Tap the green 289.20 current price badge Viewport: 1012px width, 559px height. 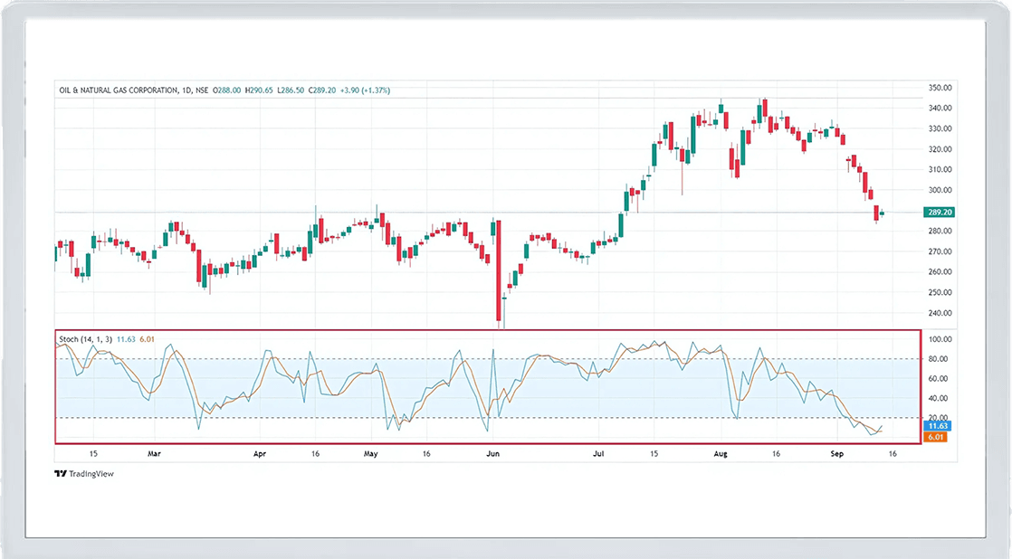(x=940, y=212)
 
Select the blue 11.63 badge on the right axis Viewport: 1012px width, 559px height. (x=937, y=425)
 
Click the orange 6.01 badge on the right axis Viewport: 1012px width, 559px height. (x=937, y=437)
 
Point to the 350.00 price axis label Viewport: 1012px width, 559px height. (x=940, y=88)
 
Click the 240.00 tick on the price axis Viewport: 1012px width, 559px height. (x=940, y=313)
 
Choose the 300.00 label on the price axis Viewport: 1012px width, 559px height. (x=940, y=190)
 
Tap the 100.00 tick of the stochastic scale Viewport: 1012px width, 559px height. (x=940, y=339)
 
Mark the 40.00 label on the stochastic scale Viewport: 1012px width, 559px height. (x=940, y=398)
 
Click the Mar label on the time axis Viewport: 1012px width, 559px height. (x=154, y=454)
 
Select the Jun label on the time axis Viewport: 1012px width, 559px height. (x=492, y=454)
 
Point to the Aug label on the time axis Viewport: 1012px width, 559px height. (x=721, y=454)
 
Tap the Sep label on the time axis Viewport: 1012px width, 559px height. (x=836, y=454)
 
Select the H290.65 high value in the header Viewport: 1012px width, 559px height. (x=264, y=90)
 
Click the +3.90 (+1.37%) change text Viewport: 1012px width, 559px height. (x=366, y=90)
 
